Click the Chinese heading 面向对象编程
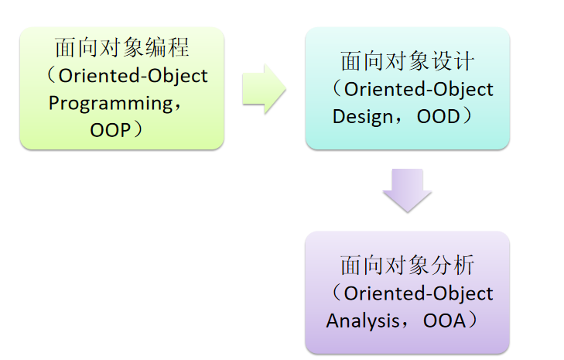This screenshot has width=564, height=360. pos(121,48)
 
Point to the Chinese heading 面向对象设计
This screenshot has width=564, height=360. pos(407,62)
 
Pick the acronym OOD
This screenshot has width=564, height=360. pos(439,116)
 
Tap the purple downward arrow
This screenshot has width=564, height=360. pos(407,190)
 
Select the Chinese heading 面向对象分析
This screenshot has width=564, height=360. pos(407,266)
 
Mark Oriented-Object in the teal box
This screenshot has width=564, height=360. pos(419,89)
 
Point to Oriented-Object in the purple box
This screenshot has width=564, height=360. pos(419,293)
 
